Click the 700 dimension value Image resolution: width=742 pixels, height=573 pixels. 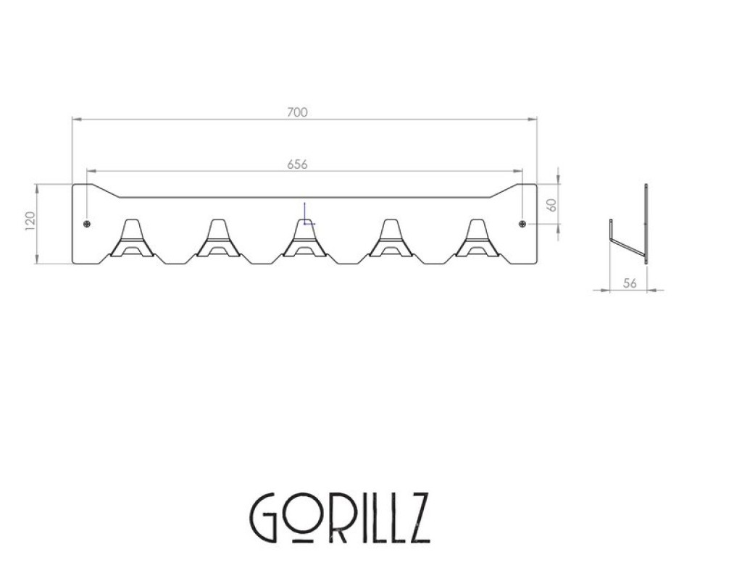coord(297,112)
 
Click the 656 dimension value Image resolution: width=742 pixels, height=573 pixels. coord(297,164)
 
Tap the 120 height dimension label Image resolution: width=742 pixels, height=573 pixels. coord(30,222)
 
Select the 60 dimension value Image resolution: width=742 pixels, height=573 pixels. coord(551,205)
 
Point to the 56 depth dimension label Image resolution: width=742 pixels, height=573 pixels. coord(630,283)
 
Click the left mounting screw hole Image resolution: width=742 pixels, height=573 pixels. coord(86,224)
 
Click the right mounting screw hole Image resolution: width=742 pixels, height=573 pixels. coord(522,224)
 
